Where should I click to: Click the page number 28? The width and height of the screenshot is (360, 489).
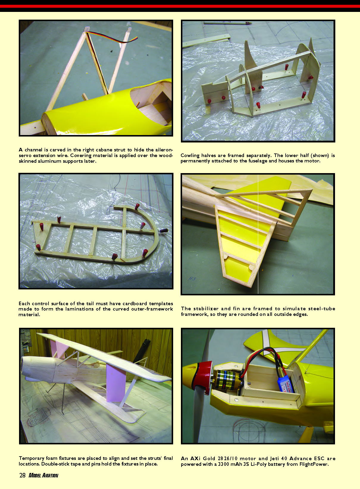(x=22, y=475)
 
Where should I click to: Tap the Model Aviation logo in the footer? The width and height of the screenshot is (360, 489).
(x=43, y=475)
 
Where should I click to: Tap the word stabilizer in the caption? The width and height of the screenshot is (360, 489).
(x=206, y=308)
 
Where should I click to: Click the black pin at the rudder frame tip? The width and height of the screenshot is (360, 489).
(x=164, y=231)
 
